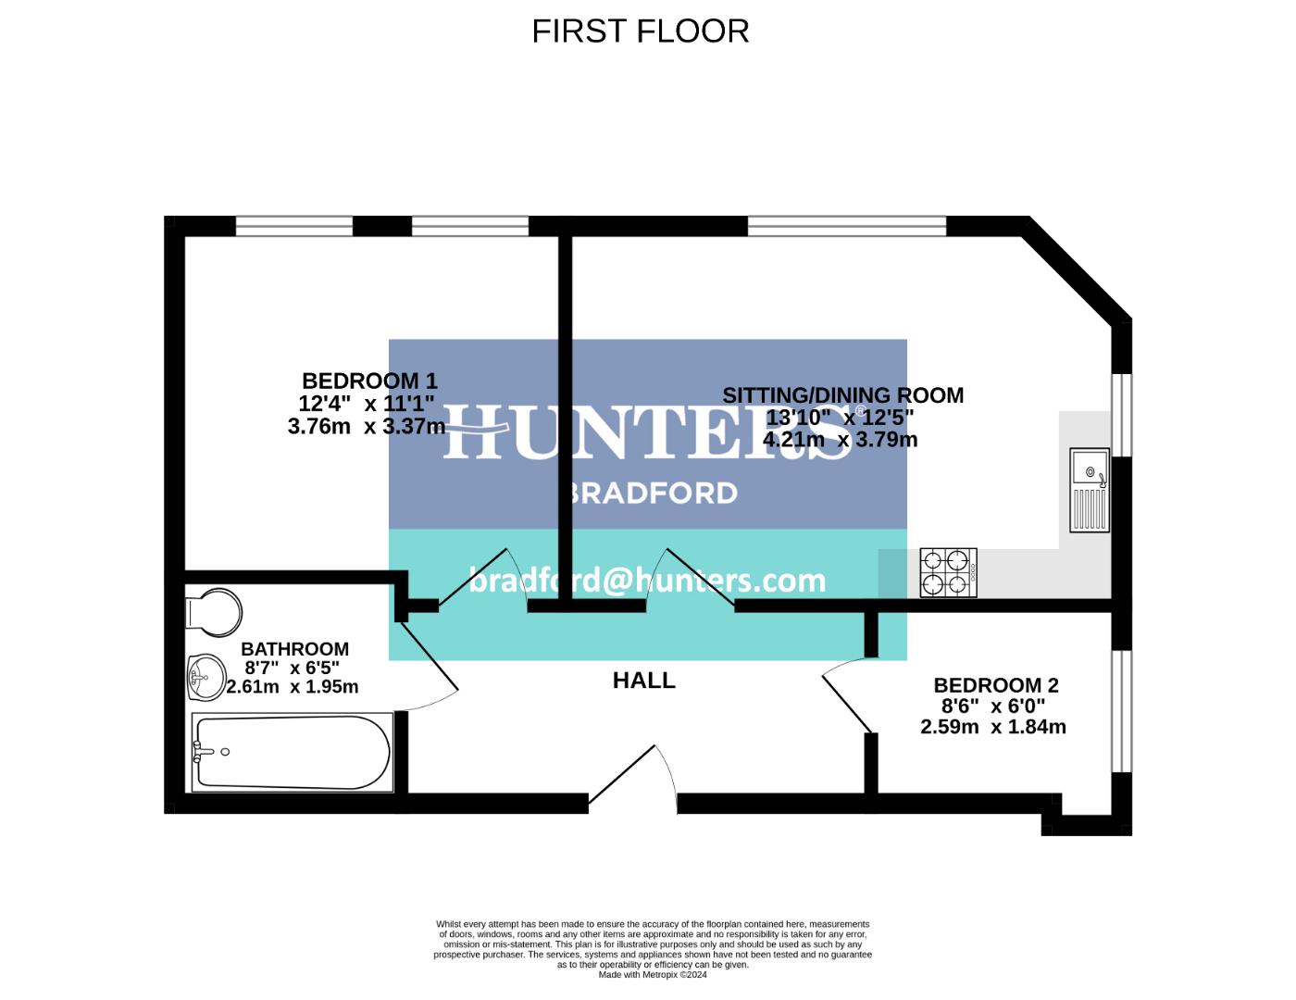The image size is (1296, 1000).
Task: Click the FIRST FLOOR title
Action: tap(640, 31)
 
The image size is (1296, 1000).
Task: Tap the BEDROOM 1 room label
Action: tap(369, 381)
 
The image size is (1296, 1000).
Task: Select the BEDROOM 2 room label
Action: tap(995, 685)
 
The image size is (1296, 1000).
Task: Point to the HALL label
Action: tap(643, 681)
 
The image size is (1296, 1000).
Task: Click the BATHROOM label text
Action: tap(294, 649)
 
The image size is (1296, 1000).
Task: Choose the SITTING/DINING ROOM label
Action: tap(842, 395)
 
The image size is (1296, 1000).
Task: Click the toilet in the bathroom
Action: tap(215, 612)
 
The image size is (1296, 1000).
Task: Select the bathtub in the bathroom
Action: tap(291, 752)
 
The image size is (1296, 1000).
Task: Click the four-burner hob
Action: tap(948, 572)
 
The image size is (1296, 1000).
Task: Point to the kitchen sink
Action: tap(1090, 490)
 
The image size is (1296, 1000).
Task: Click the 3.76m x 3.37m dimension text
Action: tap(367, 426)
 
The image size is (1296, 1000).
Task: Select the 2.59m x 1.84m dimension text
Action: tap(992, 727)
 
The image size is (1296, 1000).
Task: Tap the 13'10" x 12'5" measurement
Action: tap(839, 418)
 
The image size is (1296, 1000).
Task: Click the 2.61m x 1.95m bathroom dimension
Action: tap(293, 687)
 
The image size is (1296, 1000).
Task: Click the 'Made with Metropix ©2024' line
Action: tap(653, 974)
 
